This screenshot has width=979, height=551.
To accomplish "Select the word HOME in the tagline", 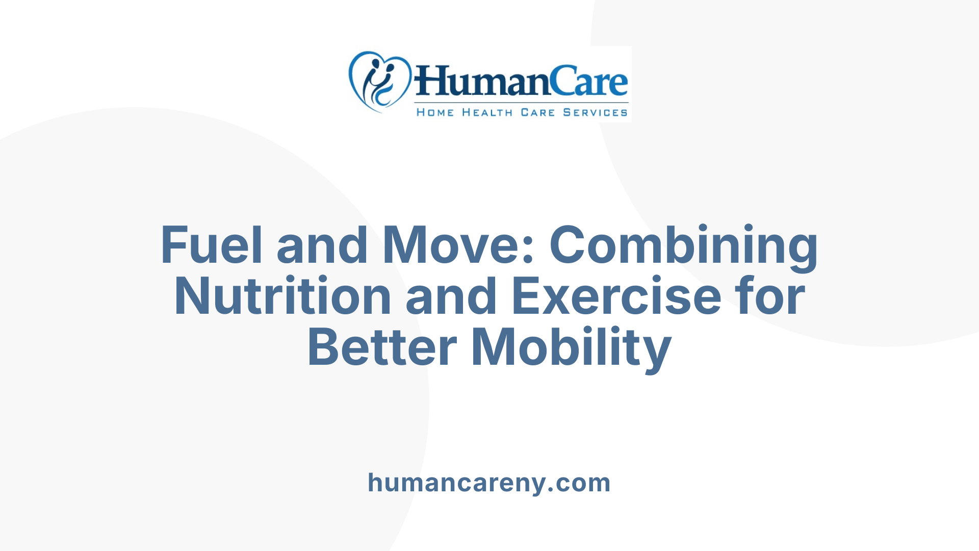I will point(435,112).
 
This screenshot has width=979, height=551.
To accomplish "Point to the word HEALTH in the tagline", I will point(487,112).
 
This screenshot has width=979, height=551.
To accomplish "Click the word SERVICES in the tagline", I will point(595,112).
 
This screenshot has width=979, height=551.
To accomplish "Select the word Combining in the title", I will point(683,245).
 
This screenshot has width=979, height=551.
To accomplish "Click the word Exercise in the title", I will point(616,296).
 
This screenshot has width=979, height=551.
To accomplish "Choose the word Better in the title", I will point(382,347).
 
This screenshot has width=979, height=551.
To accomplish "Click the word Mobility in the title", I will point(571,347).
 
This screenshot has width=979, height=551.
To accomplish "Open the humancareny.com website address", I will point(489,483).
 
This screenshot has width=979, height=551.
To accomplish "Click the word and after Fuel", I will point(322,245).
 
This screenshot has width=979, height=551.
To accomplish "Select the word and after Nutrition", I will point(451,296).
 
